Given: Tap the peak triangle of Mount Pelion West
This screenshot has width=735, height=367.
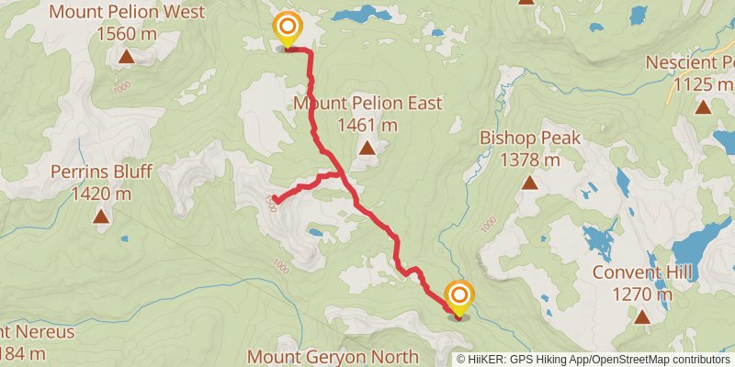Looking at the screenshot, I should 126,58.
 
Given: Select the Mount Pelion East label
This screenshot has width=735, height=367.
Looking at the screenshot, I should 367,103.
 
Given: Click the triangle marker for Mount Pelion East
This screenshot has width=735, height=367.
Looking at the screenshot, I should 367,148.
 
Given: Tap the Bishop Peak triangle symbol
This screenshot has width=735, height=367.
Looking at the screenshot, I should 531,183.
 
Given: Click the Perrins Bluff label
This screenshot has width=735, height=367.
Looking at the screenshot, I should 101,172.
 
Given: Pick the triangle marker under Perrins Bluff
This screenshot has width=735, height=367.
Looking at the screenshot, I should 101,217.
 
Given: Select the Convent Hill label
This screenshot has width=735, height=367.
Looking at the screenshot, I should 641,272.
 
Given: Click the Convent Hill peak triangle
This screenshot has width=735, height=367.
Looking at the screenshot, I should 641,317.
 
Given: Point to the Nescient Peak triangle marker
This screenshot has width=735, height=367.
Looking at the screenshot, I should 703,107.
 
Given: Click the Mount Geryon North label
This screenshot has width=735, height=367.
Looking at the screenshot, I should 334,356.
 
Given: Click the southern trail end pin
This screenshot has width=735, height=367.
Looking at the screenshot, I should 458,297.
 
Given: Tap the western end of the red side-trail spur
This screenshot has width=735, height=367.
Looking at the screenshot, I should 275,199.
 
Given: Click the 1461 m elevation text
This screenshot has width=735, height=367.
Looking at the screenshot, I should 367,125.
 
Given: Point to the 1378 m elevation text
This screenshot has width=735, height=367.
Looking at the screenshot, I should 531,160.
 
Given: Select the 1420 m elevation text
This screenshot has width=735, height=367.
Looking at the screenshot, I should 101,194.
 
